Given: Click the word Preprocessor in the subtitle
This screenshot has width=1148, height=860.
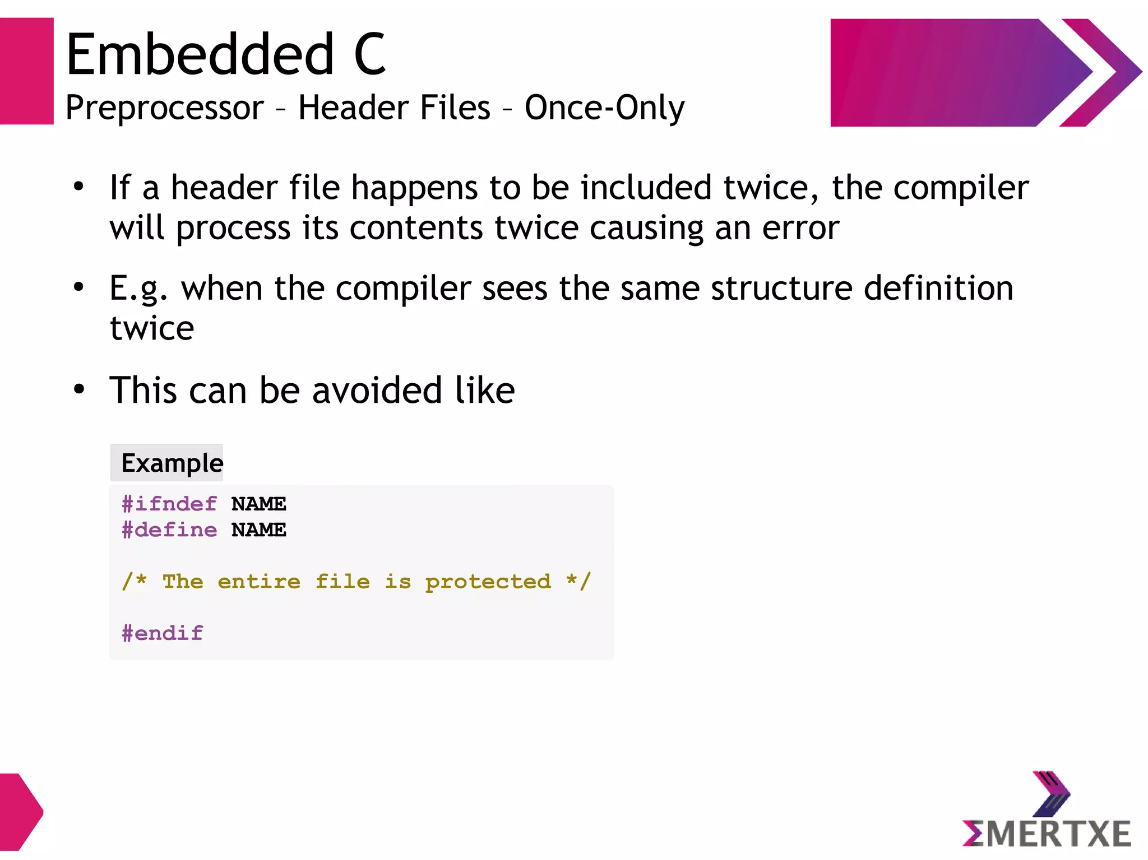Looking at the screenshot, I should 164,108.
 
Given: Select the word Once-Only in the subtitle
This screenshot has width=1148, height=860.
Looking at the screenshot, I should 604,108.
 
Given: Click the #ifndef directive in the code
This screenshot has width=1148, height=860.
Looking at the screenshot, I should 169,504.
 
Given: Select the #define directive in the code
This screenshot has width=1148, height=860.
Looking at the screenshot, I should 169,530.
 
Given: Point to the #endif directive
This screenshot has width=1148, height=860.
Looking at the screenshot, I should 163,634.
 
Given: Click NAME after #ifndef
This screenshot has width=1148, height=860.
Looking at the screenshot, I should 258,504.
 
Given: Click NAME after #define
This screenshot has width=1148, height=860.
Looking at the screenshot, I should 258,530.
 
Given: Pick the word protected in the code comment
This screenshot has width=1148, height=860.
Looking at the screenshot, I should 488,582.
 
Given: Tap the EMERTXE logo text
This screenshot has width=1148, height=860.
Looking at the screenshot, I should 1046,834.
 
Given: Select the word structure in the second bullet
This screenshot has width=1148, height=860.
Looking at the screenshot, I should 782,289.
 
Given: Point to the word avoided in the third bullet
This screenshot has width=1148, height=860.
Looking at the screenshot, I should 377,391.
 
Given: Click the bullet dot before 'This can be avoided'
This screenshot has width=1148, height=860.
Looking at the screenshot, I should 79,389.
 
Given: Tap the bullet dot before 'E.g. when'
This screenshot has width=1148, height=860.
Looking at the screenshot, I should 79,287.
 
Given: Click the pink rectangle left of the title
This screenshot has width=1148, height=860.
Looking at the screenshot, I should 26,71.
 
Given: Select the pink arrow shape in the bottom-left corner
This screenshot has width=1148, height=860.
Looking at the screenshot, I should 20,812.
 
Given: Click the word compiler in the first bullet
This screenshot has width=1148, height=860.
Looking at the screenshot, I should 961,188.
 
